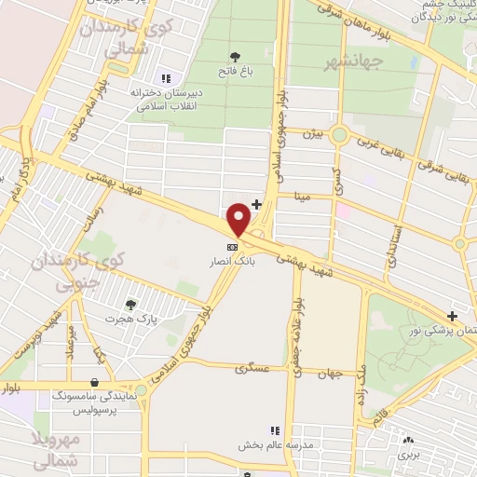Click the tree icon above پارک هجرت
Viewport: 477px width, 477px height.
point(131,304)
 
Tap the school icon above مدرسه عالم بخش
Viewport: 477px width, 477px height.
point(274,430)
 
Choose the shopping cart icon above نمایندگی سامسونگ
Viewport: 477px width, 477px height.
point(94,381)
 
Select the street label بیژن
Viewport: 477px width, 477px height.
point(312,135)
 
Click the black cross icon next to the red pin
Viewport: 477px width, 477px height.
point(257,203)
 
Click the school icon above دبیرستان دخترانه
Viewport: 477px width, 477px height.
point(166,78)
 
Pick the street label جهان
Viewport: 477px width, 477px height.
point(330,373)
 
